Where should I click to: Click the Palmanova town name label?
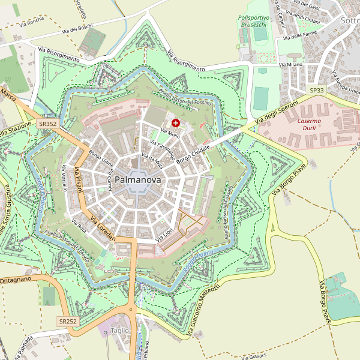(x=137, y=179)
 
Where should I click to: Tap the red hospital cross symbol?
(x=175, y=122)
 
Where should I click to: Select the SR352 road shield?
(x=47, y=124)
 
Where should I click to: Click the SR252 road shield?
(x=68, y=322)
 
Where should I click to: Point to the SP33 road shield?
(x=316, y=90)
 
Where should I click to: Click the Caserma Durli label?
(x=309, y=125)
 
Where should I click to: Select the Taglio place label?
(x=119, y=331)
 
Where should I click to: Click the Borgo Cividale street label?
(x=194, y=147)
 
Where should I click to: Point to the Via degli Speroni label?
(x=275, y=113)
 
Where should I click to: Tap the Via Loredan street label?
(x=103, y=228)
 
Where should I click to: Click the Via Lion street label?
(x=164, y=235)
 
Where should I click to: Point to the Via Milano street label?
(x=291, y=64)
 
